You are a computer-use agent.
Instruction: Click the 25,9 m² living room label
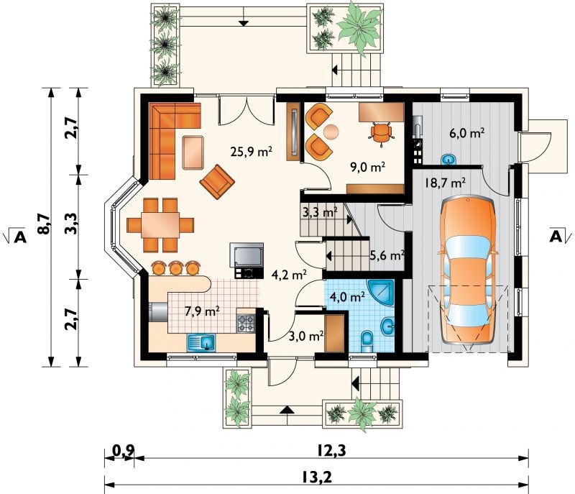pyautogui.click(x=251, y=151)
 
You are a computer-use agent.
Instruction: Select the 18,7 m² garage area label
pyautogui.click(x=445, y=182)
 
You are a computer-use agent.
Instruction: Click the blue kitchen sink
pyautogui.click(x=201, y=343)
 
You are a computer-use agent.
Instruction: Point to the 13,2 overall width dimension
pyautogui.click(x=317, y=477)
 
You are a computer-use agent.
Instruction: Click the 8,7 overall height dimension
pyautogui.click(x=44, y=224)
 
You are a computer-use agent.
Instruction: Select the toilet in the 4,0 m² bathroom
pyautogui.click(x=367, y=341)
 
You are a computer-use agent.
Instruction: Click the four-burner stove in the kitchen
pyautogui.click(x=246, y=324)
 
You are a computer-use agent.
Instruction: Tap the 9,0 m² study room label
pyautogui.click(x=368, y=168)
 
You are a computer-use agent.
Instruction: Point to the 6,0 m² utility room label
pyautogui.click(x=467, y=133)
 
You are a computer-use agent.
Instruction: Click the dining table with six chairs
pyautogui.click(x=160, y=225)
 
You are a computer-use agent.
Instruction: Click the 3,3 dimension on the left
pyautogui.click(x=72, y=224)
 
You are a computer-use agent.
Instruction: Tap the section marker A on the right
pyautogui.click(x=556, y=237)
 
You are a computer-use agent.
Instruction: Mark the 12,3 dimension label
pyautogui.click(x=331, y=451)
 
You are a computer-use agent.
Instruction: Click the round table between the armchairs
pyautogui.click(x=331, y=132)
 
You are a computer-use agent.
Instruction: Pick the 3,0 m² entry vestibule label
pyautogui.click(x=306, y=336)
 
